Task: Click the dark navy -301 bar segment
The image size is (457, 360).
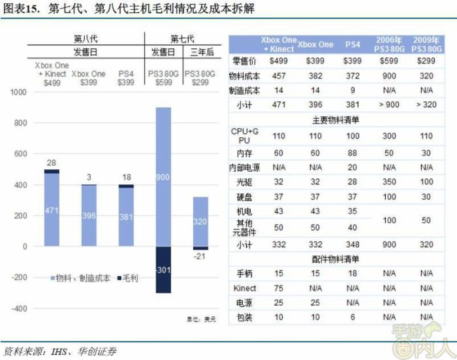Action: [x=163, y=270]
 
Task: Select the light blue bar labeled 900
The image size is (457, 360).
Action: [x=163, y=176]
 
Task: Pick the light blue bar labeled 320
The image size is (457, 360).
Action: [x=200, y=221]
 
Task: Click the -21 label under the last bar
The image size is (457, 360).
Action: [x=200, y=257]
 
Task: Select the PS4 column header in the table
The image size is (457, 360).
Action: [x=353, y=44]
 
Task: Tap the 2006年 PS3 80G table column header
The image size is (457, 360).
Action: [x=390, y=44]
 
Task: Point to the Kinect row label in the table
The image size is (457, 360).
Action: [x=247, y=288]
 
